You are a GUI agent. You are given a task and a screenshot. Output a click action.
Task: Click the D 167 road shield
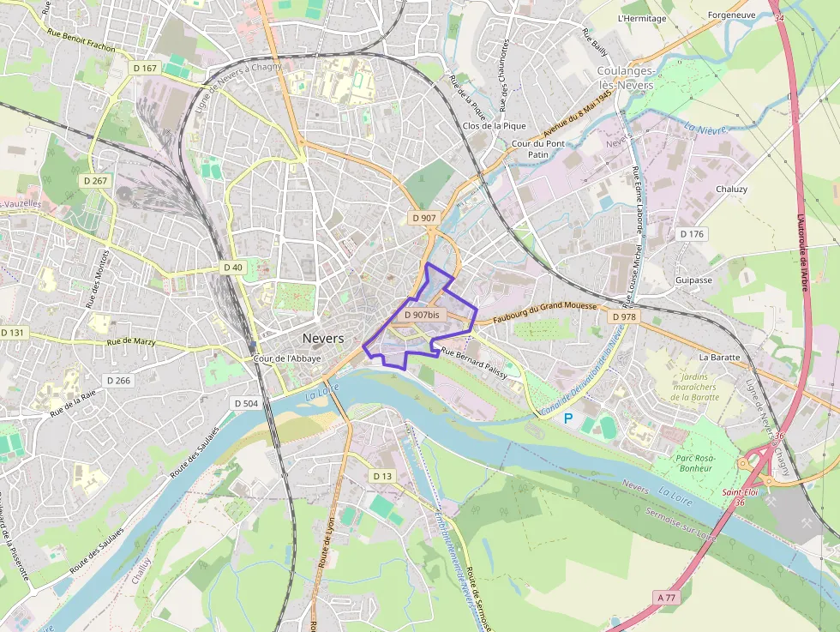pos(146,68)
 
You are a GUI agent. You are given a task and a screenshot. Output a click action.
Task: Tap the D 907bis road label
pos(421,315)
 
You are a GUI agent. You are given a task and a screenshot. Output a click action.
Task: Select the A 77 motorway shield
pos(665,597)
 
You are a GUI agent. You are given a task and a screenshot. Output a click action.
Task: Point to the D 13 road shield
pos(382,476)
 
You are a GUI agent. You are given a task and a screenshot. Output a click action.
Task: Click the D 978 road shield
pos(625,317)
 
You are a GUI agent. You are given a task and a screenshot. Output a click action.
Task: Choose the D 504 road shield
pos(246,403)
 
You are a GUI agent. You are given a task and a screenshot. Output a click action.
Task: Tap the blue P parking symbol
pos(567,418)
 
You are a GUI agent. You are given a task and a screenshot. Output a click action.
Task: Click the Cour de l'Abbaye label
pos(288,358)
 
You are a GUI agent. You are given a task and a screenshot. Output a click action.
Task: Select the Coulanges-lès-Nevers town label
pos(626,78)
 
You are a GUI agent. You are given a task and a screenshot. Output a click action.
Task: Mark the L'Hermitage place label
pos(642,18)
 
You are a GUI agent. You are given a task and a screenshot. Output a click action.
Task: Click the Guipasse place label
pos(693,280)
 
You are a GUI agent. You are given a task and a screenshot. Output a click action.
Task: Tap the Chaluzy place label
pos(731,190)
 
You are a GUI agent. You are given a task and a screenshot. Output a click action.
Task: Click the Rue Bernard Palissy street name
pos(474,363)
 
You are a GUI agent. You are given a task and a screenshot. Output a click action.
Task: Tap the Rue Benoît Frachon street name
pos(81,43)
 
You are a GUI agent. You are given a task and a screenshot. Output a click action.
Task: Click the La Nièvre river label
pos(705,129)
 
